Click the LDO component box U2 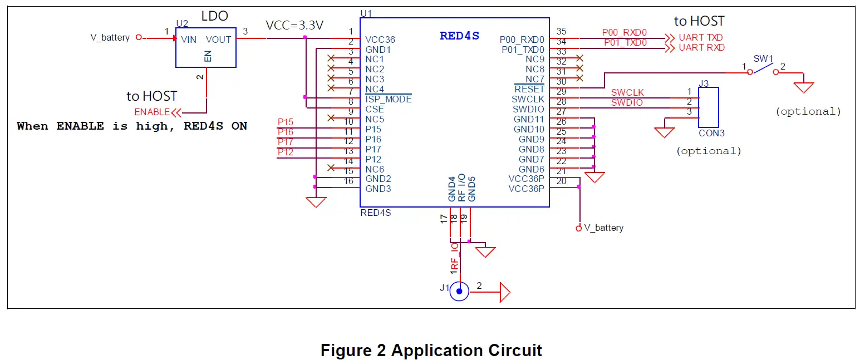205,48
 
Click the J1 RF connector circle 459,291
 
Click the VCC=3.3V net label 294,26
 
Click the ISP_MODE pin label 389,100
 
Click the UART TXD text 701,38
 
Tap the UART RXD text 701,48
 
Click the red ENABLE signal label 152,112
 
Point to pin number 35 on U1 561,32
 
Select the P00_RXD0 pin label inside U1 522,40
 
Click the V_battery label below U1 603,228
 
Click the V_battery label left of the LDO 110,38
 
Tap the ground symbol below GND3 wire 316,202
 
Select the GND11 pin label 528,120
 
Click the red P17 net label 285,142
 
